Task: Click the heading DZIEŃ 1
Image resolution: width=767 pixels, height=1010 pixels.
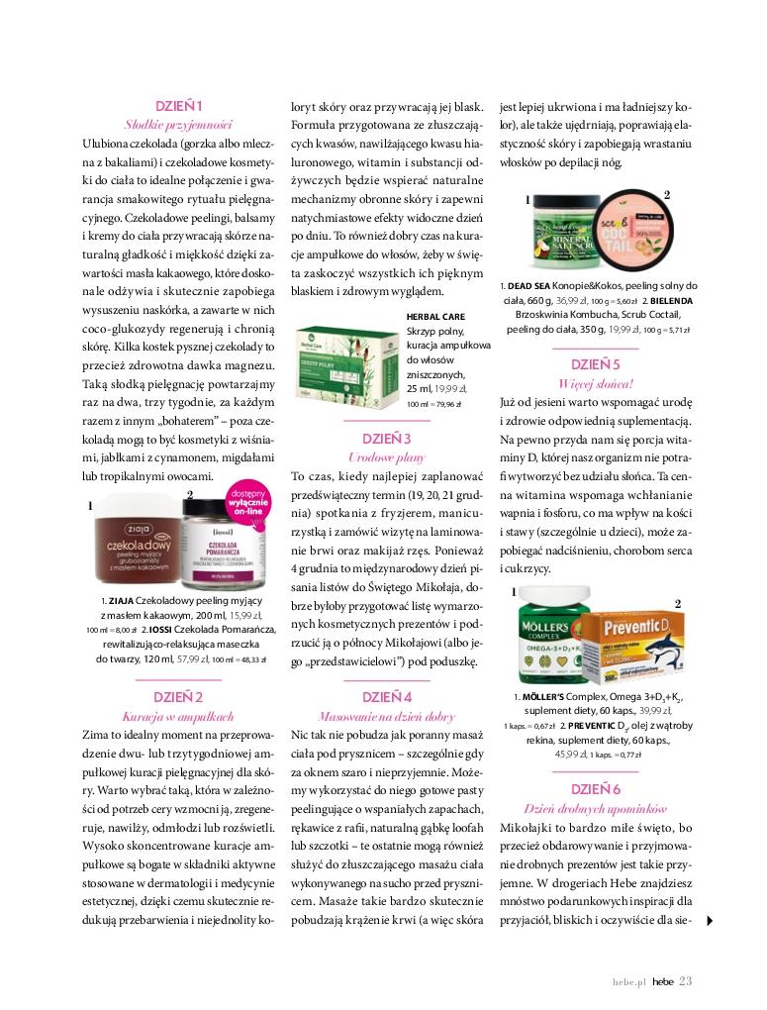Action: pos(178,106)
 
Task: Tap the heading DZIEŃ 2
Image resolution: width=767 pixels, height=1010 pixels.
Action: pos(178,697)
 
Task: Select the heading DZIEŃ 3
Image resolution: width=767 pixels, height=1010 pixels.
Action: pos(387,438)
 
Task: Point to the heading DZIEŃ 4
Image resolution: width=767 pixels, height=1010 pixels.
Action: pos(387,696)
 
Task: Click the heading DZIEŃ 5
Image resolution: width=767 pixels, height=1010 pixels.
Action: pos(596,363)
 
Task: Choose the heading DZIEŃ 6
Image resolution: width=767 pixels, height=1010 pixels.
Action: pos(596,788)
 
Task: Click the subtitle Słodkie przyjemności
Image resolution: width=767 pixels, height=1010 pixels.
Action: pos(178,125)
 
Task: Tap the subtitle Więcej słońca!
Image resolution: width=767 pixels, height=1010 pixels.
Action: pos(596,382)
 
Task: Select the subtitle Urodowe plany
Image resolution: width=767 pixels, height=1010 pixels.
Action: pos(387,456)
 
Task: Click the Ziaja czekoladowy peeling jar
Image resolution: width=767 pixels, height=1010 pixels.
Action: pos(137,549)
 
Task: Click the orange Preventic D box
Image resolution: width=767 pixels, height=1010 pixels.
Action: pos(630,648)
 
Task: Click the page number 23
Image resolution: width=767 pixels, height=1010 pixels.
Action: pos(686,980)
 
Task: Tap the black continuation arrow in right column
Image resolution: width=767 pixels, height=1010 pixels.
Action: pos(711,921)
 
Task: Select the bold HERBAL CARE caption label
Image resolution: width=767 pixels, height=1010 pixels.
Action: pos(435,317)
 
